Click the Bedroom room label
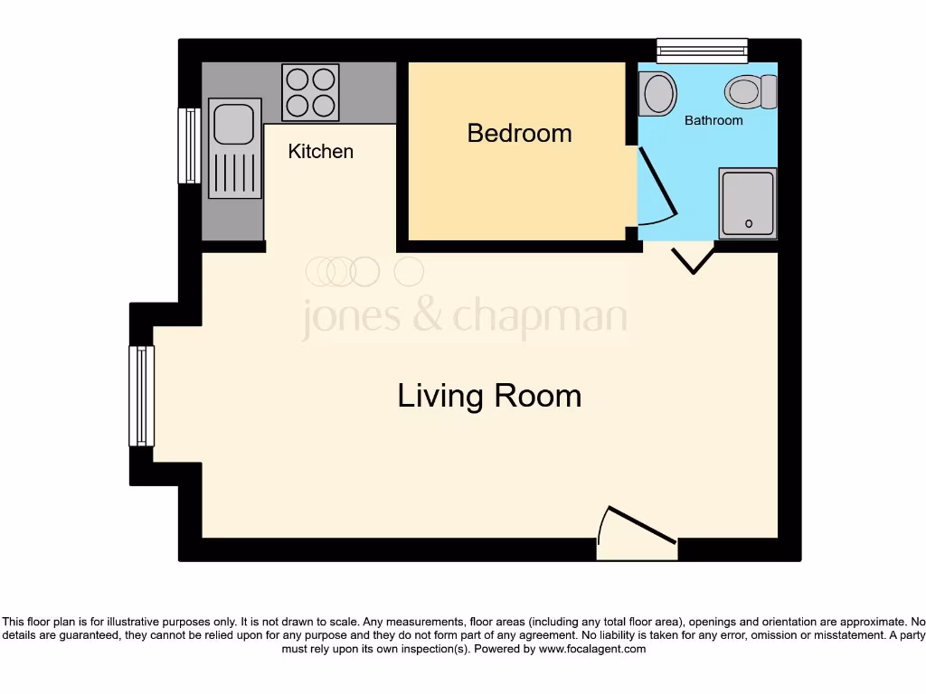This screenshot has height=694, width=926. [519, 133]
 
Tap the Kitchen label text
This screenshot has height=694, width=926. [320, 151]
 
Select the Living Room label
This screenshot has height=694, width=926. [489, 396]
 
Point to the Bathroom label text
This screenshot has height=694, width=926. [713, 120]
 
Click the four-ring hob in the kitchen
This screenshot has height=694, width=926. [310, 92]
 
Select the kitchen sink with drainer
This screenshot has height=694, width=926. [235, 148]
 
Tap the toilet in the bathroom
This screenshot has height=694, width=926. [750, 90]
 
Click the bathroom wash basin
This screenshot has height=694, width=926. [657, 93]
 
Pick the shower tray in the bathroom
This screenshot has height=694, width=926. [748, 202]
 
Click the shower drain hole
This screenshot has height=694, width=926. [748, 223]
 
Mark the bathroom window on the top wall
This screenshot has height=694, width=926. [702, 50]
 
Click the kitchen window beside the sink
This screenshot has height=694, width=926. [189, 145]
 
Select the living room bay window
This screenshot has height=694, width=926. [142, 396]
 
